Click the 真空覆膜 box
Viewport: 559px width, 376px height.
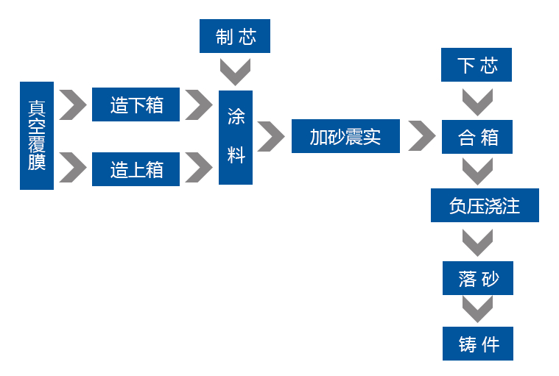click(37, 135)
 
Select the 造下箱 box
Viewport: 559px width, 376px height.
click(136, 104)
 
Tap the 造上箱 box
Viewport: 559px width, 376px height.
click(136, 169)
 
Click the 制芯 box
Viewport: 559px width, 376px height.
click(235, 37)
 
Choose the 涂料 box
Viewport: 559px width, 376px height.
click(236, 137)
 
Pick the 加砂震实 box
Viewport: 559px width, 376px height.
click(345, 136)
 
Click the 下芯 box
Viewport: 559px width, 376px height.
click(477, 65)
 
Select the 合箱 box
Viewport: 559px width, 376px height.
click(477, 137)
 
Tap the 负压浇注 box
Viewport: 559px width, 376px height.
click(485, 205)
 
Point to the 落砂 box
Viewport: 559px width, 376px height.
click(477, 278)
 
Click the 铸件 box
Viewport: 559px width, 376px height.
click(477, 344)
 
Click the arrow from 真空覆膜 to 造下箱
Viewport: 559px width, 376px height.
click(72, 104)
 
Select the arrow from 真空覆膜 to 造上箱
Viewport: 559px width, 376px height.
click(72, 168)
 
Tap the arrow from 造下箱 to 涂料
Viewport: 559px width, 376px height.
click(198, 104)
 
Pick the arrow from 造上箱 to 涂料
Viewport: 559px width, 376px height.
click(198, 168)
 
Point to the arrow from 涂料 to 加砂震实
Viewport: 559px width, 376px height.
click(271, 136)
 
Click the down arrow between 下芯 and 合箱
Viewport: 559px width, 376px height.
click(477, 102)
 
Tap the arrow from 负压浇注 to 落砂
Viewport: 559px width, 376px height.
click(477, 242)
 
